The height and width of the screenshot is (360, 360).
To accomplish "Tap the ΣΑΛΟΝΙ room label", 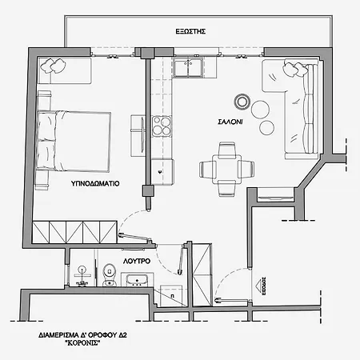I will pos(230,122).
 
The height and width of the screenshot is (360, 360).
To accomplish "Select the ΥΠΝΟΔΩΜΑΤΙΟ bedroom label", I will pos(95,183).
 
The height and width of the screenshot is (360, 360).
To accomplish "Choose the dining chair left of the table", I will pos(205,169).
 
